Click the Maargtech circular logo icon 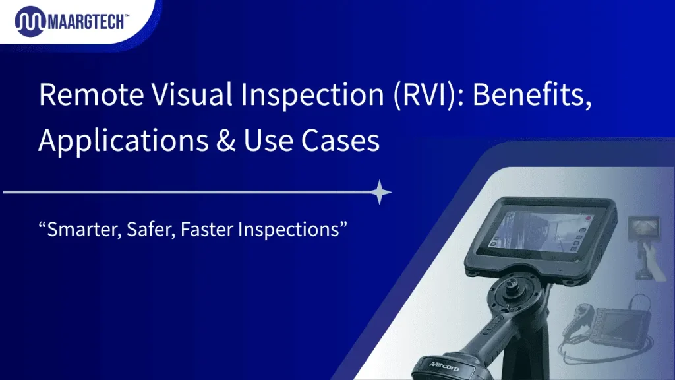pyautogui.click(x=29, y=22)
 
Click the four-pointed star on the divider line pyautogui.click(x=380, y=193)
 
